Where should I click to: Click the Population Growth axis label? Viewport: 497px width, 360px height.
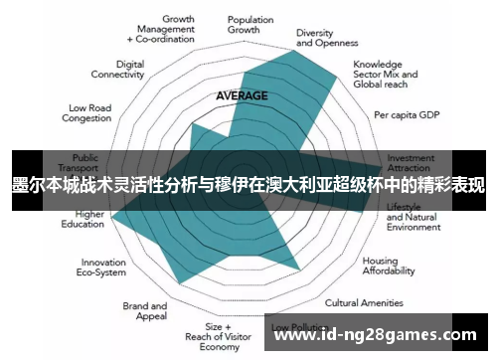[x=249, y=24]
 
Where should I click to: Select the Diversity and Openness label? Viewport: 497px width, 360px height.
[x=328, y=38]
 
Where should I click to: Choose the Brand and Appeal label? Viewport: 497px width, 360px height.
[x=145, y=311]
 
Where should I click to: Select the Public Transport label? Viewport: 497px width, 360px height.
[x=85, y=163]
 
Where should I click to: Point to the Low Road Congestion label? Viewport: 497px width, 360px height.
[x=89, y=112]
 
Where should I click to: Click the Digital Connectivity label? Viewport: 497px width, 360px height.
[x=117, y=69]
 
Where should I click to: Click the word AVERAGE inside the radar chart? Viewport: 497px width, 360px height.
[x=242, y=95]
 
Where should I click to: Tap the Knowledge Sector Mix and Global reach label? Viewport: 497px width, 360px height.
[x=386, y=74]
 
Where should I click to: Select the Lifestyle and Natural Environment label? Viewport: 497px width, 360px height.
[x=413, y=216]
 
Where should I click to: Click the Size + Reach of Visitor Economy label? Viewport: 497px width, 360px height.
[x=219, y=336]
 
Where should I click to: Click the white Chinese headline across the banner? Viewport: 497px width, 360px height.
[x=248, y=186]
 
